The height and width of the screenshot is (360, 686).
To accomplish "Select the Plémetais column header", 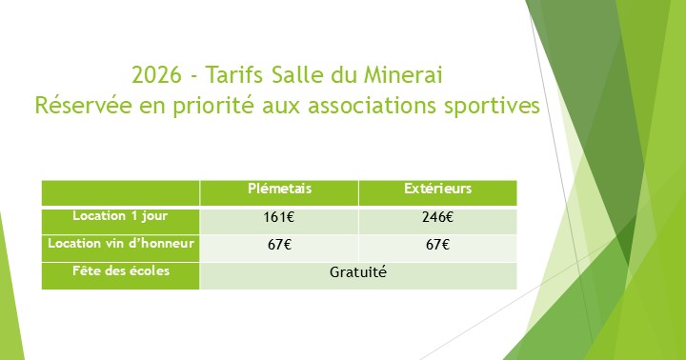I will click(x=279, y=190).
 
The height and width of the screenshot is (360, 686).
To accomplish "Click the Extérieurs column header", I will click(x=437, y=190).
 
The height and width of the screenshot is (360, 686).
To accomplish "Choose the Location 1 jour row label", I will click(x=120, y=216).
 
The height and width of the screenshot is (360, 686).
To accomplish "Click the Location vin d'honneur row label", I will click(x=120, y=244).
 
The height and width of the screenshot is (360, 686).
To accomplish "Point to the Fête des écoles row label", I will click(x=120, y=271).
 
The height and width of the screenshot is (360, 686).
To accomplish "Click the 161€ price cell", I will click(x=278, y=218).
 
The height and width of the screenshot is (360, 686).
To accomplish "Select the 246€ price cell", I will click(x=437, y=218).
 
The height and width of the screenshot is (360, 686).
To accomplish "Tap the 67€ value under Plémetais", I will click(x=278, y=246).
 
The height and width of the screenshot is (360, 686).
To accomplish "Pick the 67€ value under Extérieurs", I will click(x=437, y=246).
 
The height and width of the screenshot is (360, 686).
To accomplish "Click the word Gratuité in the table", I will click(x=358, y=272).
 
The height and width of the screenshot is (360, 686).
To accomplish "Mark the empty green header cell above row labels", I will click(x=120, y=192).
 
